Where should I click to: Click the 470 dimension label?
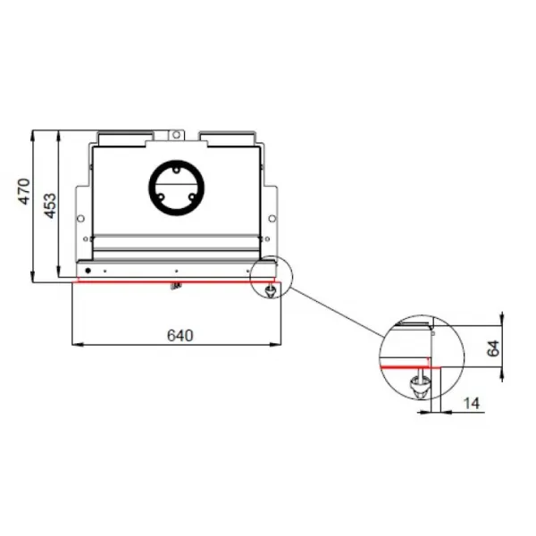tap(24, 191)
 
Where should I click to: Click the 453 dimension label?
tap(50, 205)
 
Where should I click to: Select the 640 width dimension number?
tap(180, 336)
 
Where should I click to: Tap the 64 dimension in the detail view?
tap(493, 348)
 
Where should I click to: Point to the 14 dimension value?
tap(472, 404)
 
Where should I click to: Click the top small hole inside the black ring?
tap(176, 170)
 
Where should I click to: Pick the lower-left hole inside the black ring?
tap(160, 197)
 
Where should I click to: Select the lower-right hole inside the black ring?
tap(192, 197)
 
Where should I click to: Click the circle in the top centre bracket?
tap(176, 135)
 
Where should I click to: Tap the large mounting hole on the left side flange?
tap(81, 219)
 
